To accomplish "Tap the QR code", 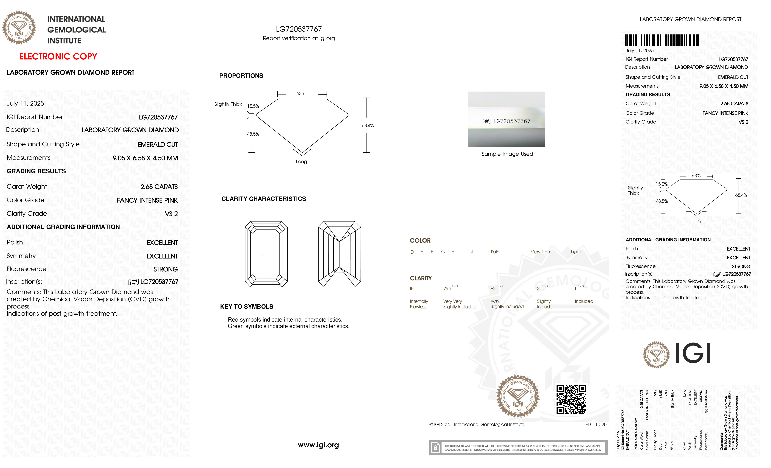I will [x=571, y=399].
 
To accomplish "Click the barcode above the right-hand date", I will [x=662, y=40].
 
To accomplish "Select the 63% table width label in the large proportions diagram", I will [x=301, y=94].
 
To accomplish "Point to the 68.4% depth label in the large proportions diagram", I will [x=368, y=125].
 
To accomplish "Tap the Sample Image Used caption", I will [x=507, y=154].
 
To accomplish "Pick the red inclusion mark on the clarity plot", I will [x=263, y=255].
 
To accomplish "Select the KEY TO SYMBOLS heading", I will [x=247, y=307].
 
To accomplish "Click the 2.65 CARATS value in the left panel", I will [x=159, y=187].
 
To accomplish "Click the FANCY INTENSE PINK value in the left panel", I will [x=147, y=200].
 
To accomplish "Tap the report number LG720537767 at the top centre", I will [x=299, y=29].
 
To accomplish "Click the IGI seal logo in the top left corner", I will [x=19, y=28].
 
